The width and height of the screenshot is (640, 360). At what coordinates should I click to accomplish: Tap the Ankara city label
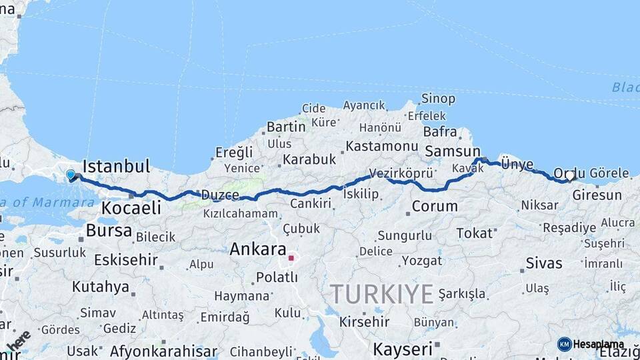coord(257,249)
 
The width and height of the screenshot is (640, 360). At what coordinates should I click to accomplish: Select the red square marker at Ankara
coord(291,257)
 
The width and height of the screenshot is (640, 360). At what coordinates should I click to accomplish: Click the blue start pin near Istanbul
coord(71,175)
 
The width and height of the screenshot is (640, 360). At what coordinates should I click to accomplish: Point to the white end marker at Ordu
coord(569,177)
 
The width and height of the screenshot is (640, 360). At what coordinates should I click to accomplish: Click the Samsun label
coord(453,151)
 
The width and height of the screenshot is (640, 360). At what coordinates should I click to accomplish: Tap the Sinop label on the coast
coord(438,99)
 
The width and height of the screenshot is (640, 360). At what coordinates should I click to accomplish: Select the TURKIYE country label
coord(382,294)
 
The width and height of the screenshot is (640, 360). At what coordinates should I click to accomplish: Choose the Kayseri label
coord(402,349)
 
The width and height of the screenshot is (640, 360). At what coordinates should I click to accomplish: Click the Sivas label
coord(544,263)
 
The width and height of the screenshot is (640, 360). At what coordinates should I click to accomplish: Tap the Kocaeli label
coord(131,208)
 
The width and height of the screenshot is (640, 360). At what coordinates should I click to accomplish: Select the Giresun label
coord(597,195)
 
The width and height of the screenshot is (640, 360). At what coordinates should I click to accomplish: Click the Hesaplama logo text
coord(598,344)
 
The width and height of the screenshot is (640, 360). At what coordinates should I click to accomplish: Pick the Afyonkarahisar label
coord(163,351)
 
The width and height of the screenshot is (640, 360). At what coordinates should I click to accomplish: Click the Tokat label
coord(474,233)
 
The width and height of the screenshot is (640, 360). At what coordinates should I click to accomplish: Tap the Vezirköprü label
coord(401,173)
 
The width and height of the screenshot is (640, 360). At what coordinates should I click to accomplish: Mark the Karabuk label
coord(309,159)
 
